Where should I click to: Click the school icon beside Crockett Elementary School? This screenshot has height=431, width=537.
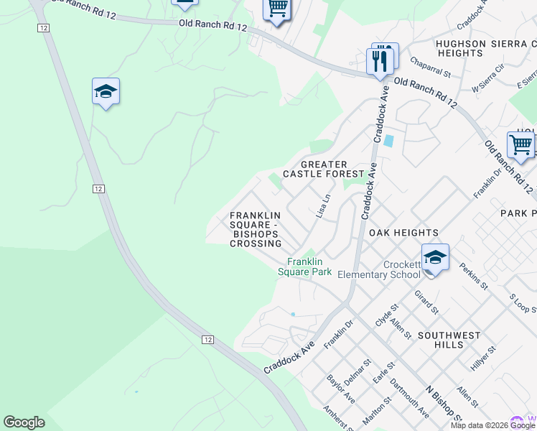click(435, 257)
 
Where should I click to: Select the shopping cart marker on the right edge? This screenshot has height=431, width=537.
click(520, 145)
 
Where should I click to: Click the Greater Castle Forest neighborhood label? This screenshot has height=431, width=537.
click(324, 169)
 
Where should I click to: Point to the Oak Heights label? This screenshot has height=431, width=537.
click(403, 233)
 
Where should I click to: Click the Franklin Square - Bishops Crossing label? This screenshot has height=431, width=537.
click(256, 229)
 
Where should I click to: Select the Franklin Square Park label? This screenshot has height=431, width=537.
click(305, 267)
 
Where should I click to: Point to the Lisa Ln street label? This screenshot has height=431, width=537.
click(324, 206)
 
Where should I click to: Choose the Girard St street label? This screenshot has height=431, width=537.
click(426, 302)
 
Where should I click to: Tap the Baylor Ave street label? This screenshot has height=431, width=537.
click(340, 388)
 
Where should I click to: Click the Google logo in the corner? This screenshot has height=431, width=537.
click(24, 422)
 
